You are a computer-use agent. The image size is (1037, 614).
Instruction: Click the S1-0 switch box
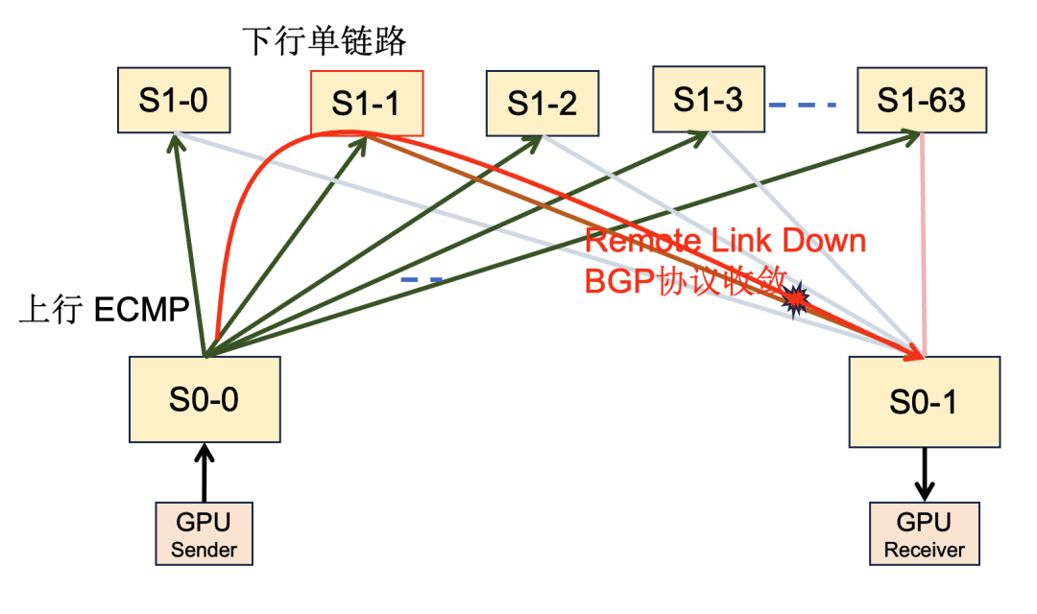click(x=174, y=101)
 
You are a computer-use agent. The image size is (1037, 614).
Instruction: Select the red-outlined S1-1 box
click(x=366, y=103)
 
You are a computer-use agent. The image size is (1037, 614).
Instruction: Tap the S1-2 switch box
click(x=543, y=103)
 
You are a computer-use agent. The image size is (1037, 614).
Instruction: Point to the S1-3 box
click(x=709, y=99)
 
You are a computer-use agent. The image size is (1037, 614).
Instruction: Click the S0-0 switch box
click(x=205, y=399)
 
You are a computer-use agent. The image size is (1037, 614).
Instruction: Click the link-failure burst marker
click(x=796, y=301)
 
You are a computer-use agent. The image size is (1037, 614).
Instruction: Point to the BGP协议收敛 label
click(x=685, y=279)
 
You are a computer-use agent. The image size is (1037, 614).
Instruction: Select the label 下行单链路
click(x=324, y=42)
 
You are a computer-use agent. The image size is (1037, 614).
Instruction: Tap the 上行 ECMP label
click(x=103, y=313)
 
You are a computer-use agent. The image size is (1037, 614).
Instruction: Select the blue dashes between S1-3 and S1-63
click(x=803, y=104)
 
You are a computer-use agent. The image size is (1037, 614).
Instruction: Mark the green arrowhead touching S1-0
click(x=175, y=143)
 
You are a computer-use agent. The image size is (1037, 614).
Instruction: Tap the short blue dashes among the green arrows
click(x=422, y=280)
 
